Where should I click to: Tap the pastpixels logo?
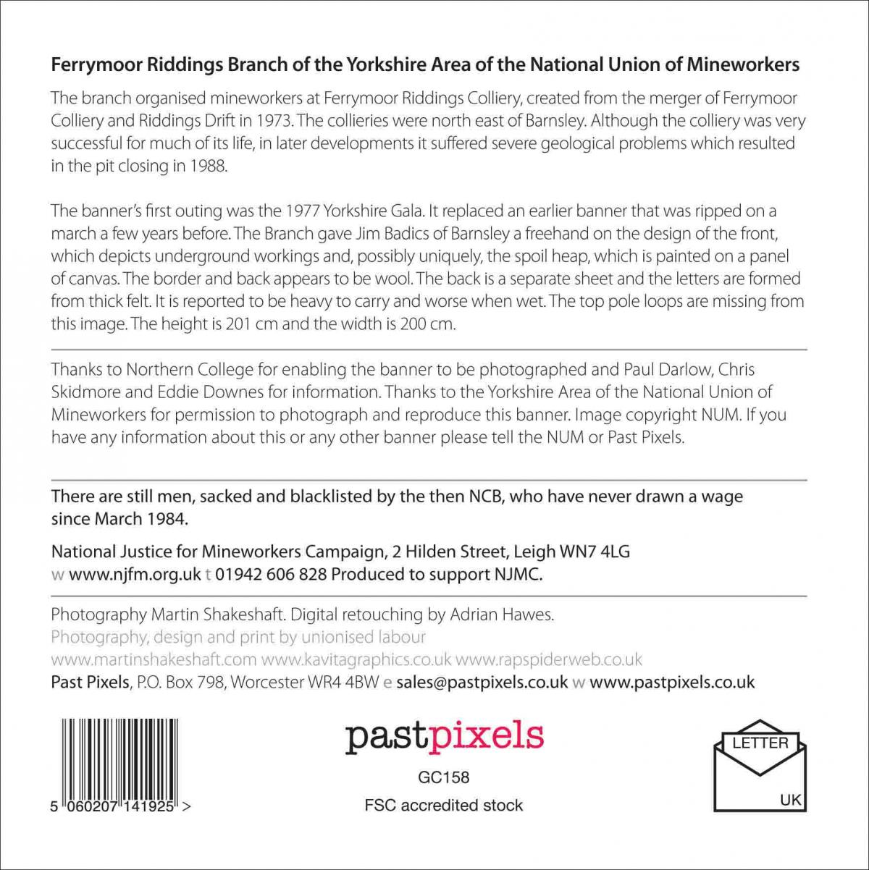tap(444, 736)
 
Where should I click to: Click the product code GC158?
tap(443, 777)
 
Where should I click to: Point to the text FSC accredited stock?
tap(443, 805)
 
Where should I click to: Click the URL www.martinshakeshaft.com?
tap(154, 659)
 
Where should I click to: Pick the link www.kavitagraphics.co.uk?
tap(356, 659)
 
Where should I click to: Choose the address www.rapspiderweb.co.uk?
tap(548, 659)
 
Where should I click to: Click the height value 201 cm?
tap(252, 324)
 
